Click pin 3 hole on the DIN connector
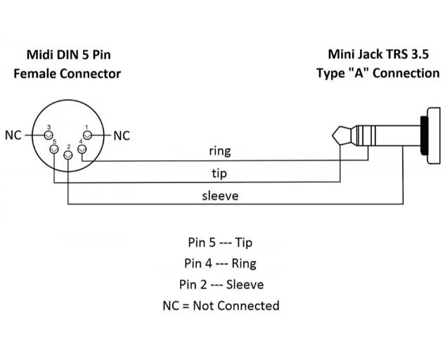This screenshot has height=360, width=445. (x=49, y=135)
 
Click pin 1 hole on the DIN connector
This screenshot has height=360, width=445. (x=87, y=135)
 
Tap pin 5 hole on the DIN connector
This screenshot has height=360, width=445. (x=54, y=149)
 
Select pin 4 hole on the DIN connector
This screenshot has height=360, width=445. (x=82, y=149)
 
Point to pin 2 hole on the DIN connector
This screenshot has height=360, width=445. (x=67, y=155)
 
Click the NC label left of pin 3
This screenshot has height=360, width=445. (x=13, y=136)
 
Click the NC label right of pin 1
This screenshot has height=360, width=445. (x=122, y=136)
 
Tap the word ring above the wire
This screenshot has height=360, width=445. (x=220, y=151)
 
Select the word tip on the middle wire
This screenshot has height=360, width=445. (x=219, y=173)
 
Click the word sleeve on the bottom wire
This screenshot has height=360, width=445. (x=220, y=195)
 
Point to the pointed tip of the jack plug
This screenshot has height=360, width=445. (x=334, y=136)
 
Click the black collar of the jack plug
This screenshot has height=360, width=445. (x=424, y=136)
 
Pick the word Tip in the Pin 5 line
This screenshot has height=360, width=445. (x=243, y=243)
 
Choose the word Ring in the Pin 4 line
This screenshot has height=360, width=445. (x=244, y=264)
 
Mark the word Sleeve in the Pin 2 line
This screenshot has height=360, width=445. (x=245, y=285)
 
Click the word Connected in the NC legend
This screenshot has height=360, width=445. (x=248, y=305)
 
